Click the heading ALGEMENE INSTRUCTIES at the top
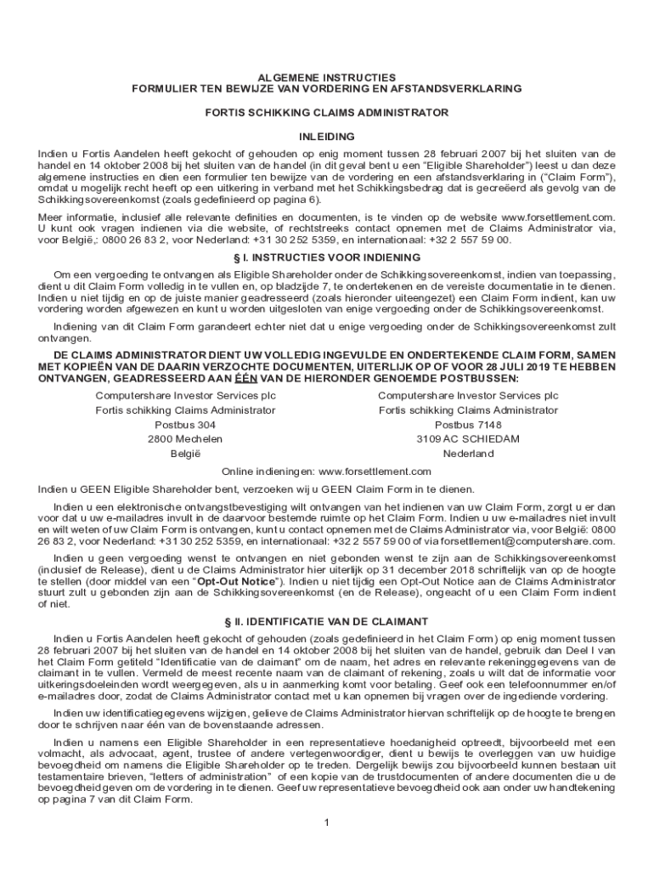(x=326, y=76)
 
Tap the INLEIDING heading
(x=326, y=136)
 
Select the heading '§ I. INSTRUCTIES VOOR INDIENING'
(x=326, y=257)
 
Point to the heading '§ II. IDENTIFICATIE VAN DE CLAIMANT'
(x=326, y=620)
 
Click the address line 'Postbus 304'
(x=185, y=424)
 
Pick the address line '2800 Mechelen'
(x=185, y=438)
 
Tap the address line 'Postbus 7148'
(x=468, y=424)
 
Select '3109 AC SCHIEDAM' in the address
(x=468, y=438)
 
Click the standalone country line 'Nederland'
(x=468, y=453)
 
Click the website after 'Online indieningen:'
(x=375, y=471)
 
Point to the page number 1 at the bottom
(x=326, y=822)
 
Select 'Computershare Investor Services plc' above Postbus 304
(x=185, y=395)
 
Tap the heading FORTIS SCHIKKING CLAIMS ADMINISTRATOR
(x=326, y=112)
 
